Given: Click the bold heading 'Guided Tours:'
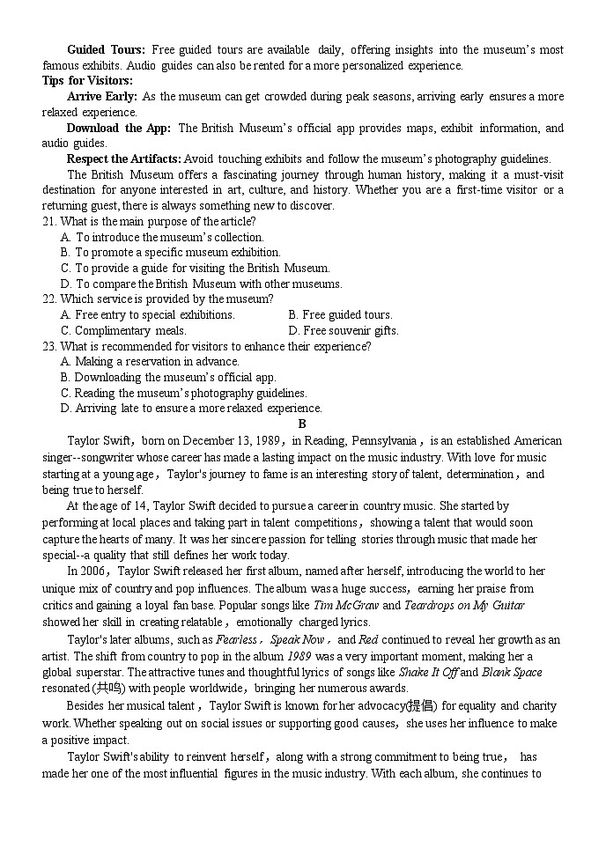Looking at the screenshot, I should pyautogui.click(x=106, y=50).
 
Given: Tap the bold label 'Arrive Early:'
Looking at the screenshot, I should pyautogui.click(x=101, y=97).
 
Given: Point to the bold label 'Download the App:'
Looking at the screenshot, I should pyautogui.click(x=119, y=129).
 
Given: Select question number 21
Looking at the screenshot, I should pyautogui.click(x=49, y=222).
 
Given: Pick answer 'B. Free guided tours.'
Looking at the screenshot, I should pyautogui.click(x=340, y=315).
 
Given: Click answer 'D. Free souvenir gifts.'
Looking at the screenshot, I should pyautogui.click(x=343, y=331).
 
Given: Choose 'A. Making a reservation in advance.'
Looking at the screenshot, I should pyautogui.click(x=150, y=362).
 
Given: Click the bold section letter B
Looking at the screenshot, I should pyautogui.click(x=302, y=424).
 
